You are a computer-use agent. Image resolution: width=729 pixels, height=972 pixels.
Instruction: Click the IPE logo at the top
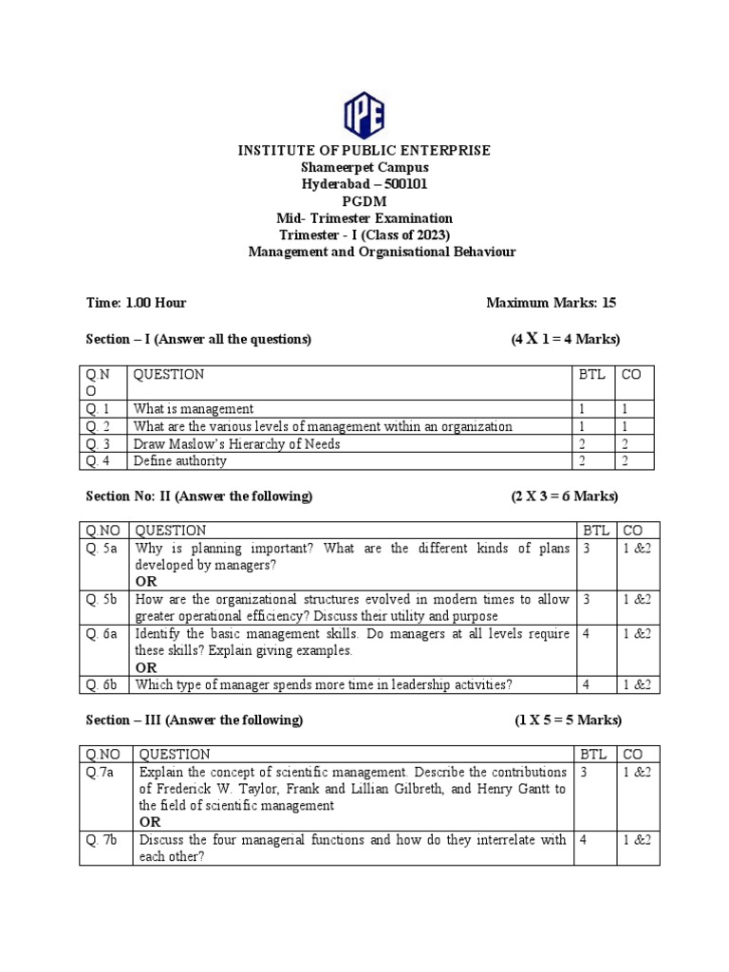[364, 116]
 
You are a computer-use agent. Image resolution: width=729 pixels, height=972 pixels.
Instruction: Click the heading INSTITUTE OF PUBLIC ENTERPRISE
[364, 150]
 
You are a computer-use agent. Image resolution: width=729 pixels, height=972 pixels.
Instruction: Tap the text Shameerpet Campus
[364, 167]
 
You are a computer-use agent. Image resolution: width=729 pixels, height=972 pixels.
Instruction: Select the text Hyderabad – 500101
[364, 184]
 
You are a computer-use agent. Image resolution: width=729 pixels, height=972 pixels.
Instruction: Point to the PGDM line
[364, 201]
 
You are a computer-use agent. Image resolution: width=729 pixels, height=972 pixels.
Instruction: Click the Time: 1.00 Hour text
[136, 303]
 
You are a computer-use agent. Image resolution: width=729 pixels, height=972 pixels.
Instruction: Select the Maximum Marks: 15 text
[551, 303]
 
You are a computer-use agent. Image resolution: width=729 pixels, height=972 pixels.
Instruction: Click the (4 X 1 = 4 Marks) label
[565, 340]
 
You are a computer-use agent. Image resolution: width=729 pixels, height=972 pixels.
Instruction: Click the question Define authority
[180, 461]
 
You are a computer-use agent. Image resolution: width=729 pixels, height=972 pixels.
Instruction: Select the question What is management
[194, 409]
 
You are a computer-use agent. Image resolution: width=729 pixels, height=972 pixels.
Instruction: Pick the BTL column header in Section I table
[591, 375]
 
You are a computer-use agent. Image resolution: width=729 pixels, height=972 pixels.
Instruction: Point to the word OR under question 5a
[146, 581]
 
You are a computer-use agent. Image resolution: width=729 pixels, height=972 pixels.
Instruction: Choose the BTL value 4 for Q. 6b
[587, 685]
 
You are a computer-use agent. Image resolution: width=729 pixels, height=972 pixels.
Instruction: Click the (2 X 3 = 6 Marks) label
[564, 496]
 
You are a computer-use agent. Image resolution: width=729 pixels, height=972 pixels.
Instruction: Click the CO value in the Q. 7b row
[637, 840]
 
